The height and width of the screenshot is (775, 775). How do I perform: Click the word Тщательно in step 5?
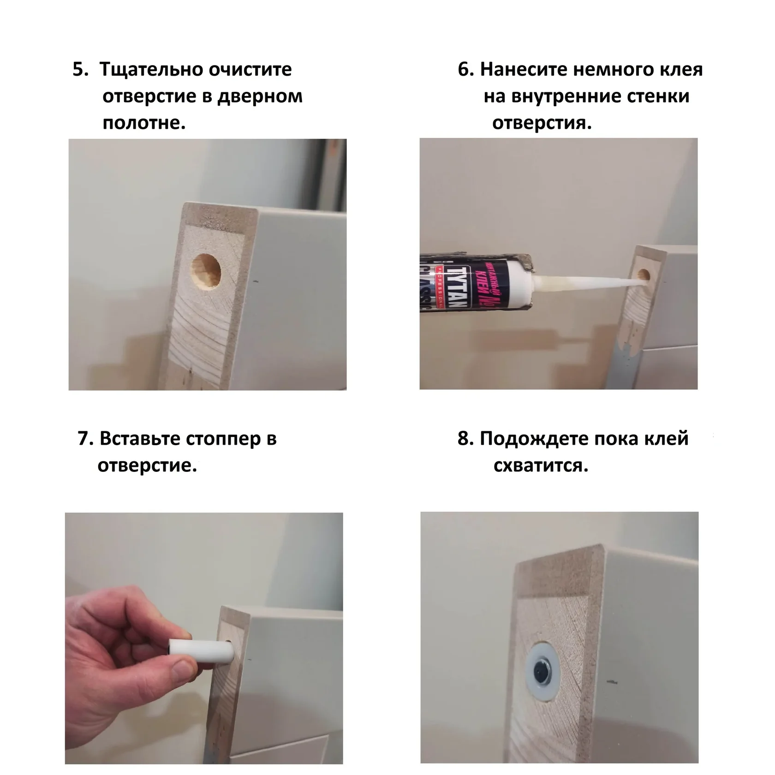pos(151,70)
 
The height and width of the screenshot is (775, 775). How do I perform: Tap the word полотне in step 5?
pos(144,123)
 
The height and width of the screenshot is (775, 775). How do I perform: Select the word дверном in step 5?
pos(260,96)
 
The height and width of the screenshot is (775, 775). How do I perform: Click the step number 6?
pos(466,70)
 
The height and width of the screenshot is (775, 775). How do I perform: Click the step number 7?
pos(85,439)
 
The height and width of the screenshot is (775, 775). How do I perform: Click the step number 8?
pos(466,439)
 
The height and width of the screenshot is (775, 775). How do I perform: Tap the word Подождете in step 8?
pos(534,439)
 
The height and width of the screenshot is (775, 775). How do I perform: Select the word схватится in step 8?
pos(541,466)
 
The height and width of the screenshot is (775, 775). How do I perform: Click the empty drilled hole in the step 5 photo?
pos(205,272)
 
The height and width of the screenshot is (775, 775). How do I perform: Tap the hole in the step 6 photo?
pos(643,275)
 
